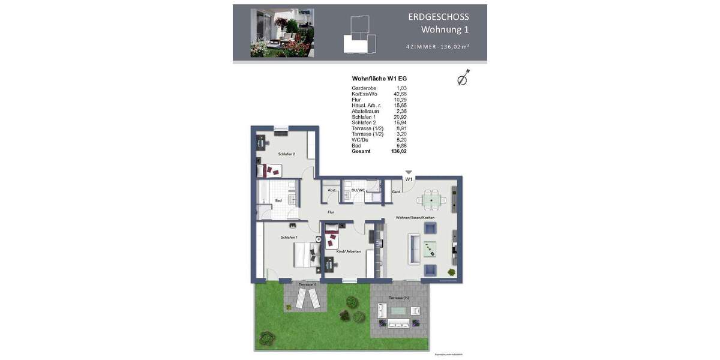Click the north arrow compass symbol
tap(463, 78)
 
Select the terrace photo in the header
tap(282, 32)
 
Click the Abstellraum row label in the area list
tap(365, 111)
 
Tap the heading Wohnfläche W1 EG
tap(379, 78)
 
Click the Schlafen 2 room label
tap(286, 154)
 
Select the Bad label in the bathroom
tap(278, 200)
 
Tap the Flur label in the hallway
tap(331, 212)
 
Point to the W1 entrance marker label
tap(409, 179)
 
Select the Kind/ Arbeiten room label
tap(349, 251)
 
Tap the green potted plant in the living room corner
tap(451, 273)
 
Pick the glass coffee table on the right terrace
tap(398, 310)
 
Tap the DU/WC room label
tap(358, 190)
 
